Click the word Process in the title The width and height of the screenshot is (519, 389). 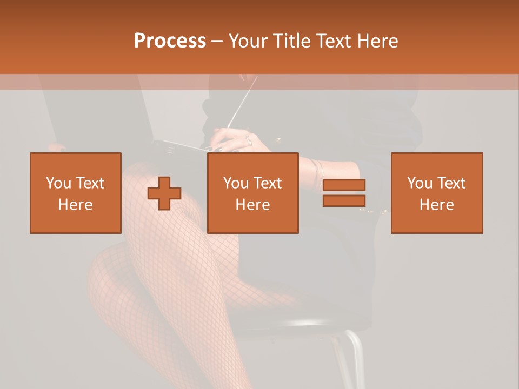coord(170,41)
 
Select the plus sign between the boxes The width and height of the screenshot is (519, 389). coord(164,193)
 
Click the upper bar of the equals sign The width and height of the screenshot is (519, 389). coord(344,185)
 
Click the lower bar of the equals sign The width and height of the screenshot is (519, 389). coord(344,200)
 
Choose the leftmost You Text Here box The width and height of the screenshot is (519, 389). coord(76,193)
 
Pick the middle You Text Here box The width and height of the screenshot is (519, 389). coord(253,193)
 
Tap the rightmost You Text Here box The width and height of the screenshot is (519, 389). coord(437,193)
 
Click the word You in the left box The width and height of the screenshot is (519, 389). coord(58,183)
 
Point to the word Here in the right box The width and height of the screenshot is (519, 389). coord(436,205)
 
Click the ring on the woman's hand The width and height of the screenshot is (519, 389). coord(248,142)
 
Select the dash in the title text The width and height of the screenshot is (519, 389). coord(217,41)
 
